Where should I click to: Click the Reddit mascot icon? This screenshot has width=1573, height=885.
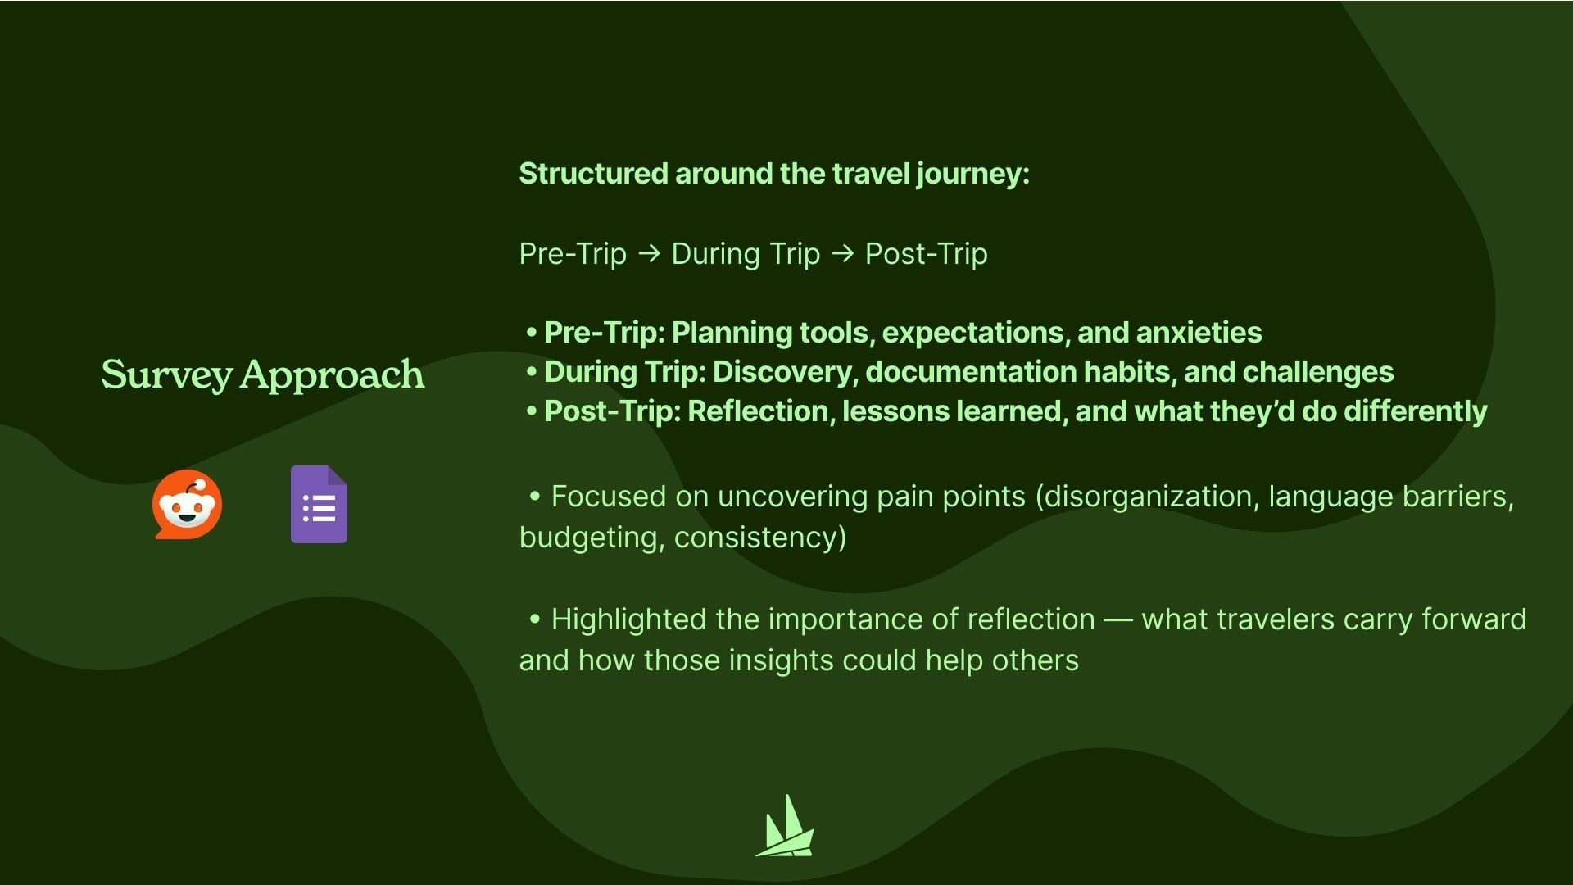[x=187, y=505]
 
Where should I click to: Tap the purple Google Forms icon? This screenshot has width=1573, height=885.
[x=319, y=505]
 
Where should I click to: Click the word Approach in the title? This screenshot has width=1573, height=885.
[x=333, y=375]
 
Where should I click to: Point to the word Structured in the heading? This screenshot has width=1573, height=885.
[x=593, y=174]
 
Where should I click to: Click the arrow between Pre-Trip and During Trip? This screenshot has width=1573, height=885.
[x=649, y=254]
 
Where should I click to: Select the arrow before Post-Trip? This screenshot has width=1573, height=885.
[x=842, y=254]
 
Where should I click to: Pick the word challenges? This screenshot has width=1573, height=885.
[x=1318, y=372]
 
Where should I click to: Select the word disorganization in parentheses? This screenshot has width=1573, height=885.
[x=1147, y=497]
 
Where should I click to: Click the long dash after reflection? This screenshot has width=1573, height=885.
[x=1118, y=620]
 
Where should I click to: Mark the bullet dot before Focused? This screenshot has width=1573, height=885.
[x=535, y=497]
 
